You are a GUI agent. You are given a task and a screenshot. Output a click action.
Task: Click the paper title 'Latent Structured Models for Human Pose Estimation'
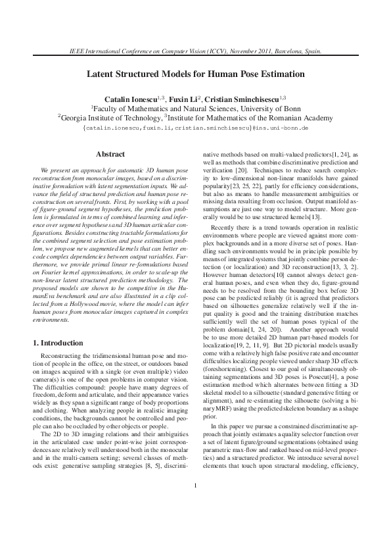click(x=196, y=74)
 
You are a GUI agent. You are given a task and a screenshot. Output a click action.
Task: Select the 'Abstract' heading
click(x=110, y=154)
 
